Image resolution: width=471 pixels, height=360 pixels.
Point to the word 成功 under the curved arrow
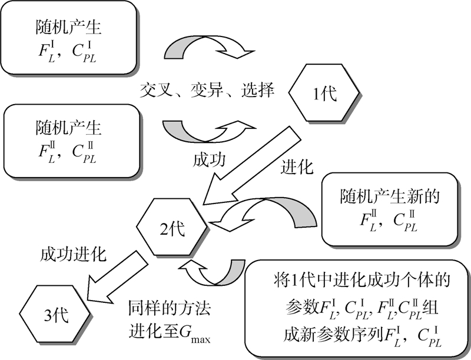[208, 160]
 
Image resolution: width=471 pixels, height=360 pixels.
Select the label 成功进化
[73, 255]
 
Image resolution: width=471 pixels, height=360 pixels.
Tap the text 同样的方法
[168, 308]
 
